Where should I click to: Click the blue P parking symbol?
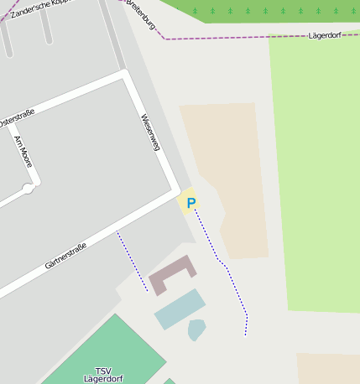click(x=191, y=202)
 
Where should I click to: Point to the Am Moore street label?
click(x=23, y=151)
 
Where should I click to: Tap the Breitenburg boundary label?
click(x=141, y=14)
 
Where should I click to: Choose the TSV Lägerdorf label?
click(x=103, y=375)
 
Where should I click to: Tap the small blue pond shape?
click(x=196, y=329)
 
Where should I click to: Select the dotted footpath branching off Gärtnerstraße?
click(x=132, y=261)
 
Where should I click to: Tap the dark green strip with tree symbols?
click(x=269, y=11)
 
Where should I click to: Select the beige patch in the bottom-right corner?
click(x=329, y=369)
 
